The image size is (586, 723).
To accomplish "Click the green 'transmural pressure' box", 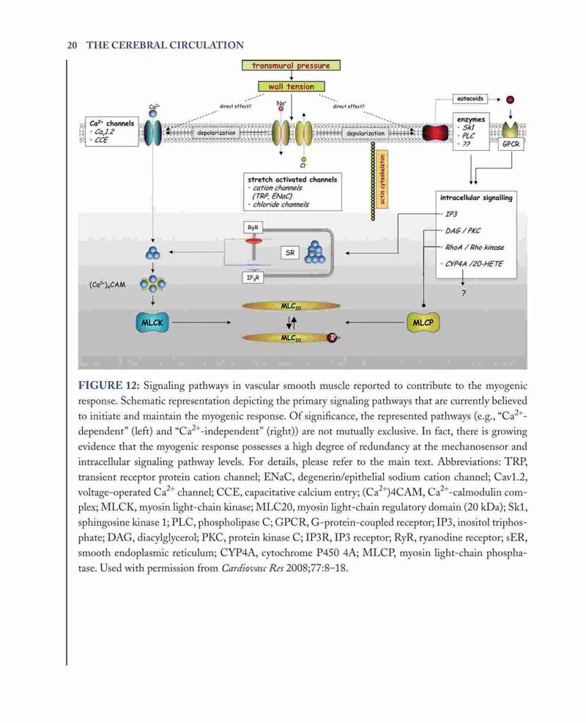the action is coord(291,65).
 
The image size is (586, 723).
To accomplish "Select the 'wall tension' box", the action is coord(291,86).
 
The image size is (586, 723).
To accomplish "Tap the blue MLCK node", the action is coord(152,323).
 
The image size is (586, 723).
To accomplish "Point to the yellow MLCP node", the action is coord(423,322).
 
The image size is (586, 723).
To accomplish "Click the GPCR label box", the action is coord(511,144).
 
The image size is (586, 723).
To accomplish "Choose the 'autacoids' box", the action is coord(470,99).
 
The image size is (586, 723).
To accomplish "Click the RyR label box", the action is coord(253,228).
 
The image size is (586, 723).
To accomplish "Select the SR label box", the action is coord(290,253).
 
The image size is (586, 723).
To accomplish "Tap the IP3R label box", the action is coord(253,278).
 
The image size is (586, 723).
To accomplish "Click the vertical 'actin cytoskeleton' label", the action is coord(382,179).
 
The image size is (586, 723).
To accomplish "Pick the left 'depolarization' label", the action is coord(216,133).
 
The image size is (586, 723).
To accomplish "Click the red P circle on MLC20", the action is coord(332,338).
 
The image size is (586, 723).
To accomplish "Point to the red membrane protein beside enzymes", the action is coord(435,133).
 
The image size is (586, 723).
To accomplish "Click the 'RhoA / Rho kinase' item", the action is coord(475,247).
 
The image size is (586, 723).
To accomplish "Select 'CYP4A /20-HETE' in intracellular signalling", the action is coord(473,264).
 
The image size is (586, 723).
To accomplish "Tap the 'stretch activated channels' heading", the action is coord(292,179).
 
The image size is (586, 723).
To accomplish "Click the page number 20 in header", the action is coord(72,45).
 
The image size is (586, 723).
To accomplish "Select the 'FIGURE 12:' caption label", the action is coord(109,385).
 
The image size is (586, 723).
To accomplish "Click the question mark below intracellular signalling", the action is coord(464,293).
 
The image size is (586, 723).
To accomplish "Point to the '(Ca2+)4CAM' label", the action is coord(108,284).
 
